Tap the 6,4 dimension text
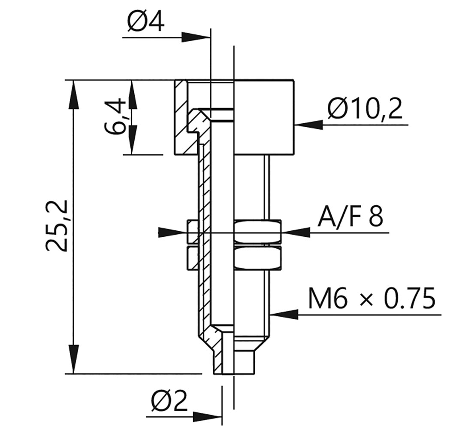115,117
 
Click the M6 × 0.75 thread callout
372,299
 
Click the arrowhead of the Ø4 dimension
197,37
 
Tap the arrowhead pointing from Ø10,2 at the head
308,125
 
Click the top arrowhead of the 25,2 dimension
74,93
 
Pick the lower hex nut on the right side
257,258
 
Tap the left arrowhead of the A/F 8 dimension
172,232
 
